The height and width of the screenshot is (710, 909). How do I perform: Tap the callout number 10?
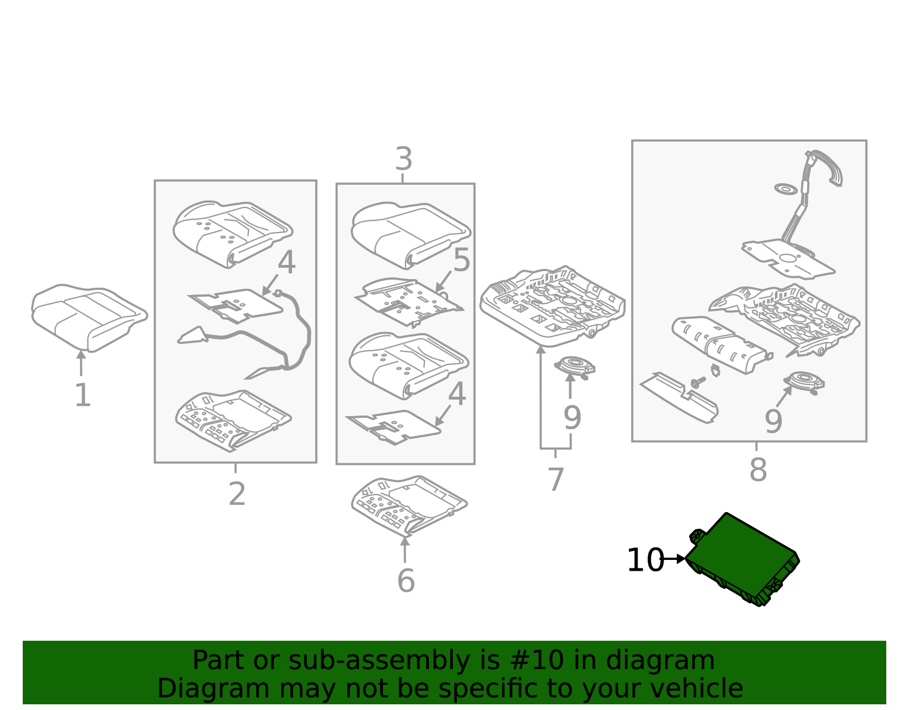pos(645,560)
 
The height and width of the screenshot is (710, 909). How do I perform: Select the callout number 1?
pos(82,395)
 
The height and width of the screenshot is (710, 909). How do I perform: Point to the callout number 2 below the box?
pos(237,494)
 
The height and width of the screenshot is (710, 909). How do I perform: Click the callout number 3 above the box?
pos(403,159)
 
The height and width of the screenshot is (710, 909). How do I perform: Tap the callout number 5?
pos(461,261)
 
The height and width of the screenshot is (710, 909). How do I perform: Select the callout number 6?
pos(406,580)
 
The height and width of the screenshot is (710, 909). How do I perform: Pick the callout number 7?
pos(556,479)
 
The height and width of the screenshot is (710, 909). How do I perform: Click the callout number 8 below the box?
pos(758,470)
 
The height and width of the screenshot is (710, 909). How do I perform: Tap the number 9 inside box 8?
pos(773,421)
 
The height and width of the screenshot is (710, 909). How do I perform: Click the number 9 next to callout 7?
pos(572,418)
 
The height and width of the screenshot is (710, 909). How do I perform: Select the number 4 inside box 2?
pos(286,263)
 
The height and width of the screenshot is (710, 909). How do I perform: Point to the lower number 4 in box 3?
pos(457,395)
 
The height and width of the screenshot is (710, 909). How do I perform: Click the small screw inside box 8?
pos(698,382)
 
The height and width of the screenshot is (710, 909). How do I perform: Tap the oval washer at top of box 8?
pos(786,188)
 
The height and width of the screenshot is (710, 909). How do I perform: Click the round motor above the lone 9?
pos(574,367)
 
